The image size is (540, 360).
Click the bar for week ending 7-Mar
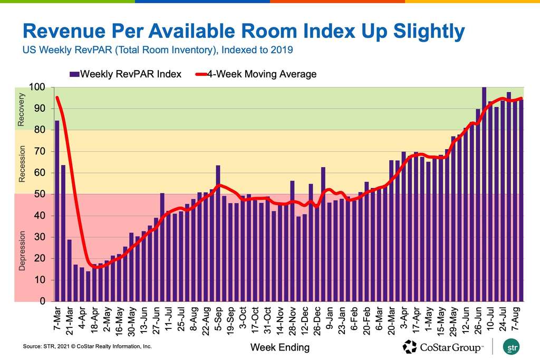(x=57, y=211)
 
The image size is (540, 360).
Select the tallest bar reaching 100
(x=484, y=195)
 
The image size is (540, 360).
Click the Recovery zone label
(x=22, y=110)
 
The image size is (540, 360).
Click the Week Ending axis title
(x=279, y=347)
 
